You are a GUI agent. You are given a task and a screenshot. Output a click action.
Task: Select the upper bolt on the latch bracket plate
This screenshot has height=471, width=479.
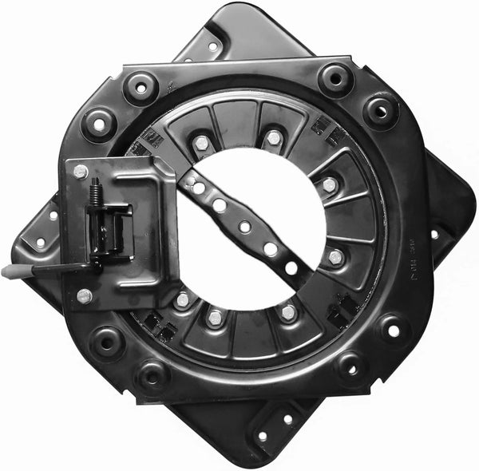[80, 171]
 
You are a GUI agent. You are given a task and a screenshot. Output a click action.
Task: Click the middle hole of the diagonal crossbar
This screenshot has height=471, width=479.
[244, 227]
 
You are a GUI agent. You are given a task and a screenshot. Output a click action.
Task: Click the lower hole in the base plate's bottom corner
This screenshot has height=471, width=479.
[263, 436]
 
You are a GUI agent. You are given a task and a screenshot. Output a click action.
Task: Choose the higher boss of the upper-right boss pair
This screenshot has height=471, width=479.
[336, 79]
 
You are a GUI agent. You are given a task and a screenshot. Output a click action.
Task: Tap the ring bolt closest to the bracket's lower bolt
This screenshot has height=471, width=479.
[183, 300]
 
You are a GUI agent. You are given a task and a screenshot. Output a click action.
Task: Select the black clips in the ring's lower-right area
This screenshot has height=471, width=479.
[345, 307]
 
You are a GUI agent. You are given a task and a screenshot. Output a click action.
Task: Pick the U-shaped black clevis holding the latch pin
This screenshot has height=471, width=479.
[109, 228]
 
